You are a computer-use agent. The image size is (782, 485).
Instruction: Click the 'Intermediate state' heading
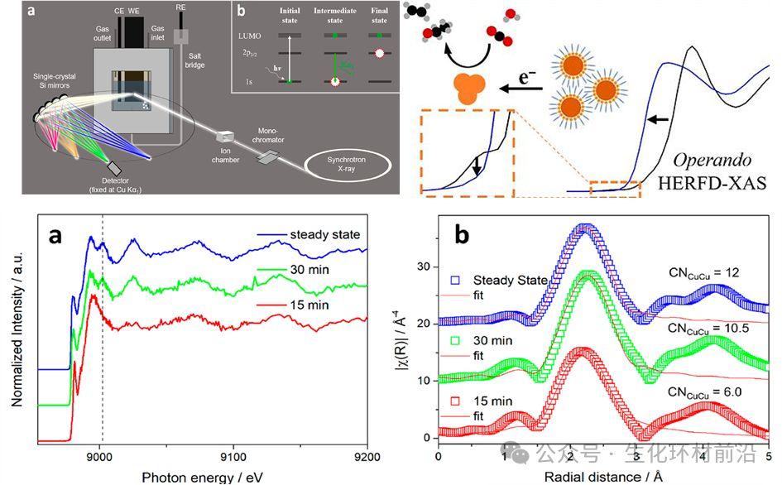(x=335, y=17)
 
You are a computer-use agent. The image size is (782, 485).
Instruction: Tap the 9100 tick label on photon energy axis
(x=233, y=454)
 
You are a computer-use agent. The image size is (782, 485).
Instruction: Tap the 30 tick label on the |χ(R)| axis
(x=424, y=267)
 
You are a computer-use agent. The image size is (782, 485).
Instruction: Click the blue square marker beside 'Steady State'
(x=454, y=279)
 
